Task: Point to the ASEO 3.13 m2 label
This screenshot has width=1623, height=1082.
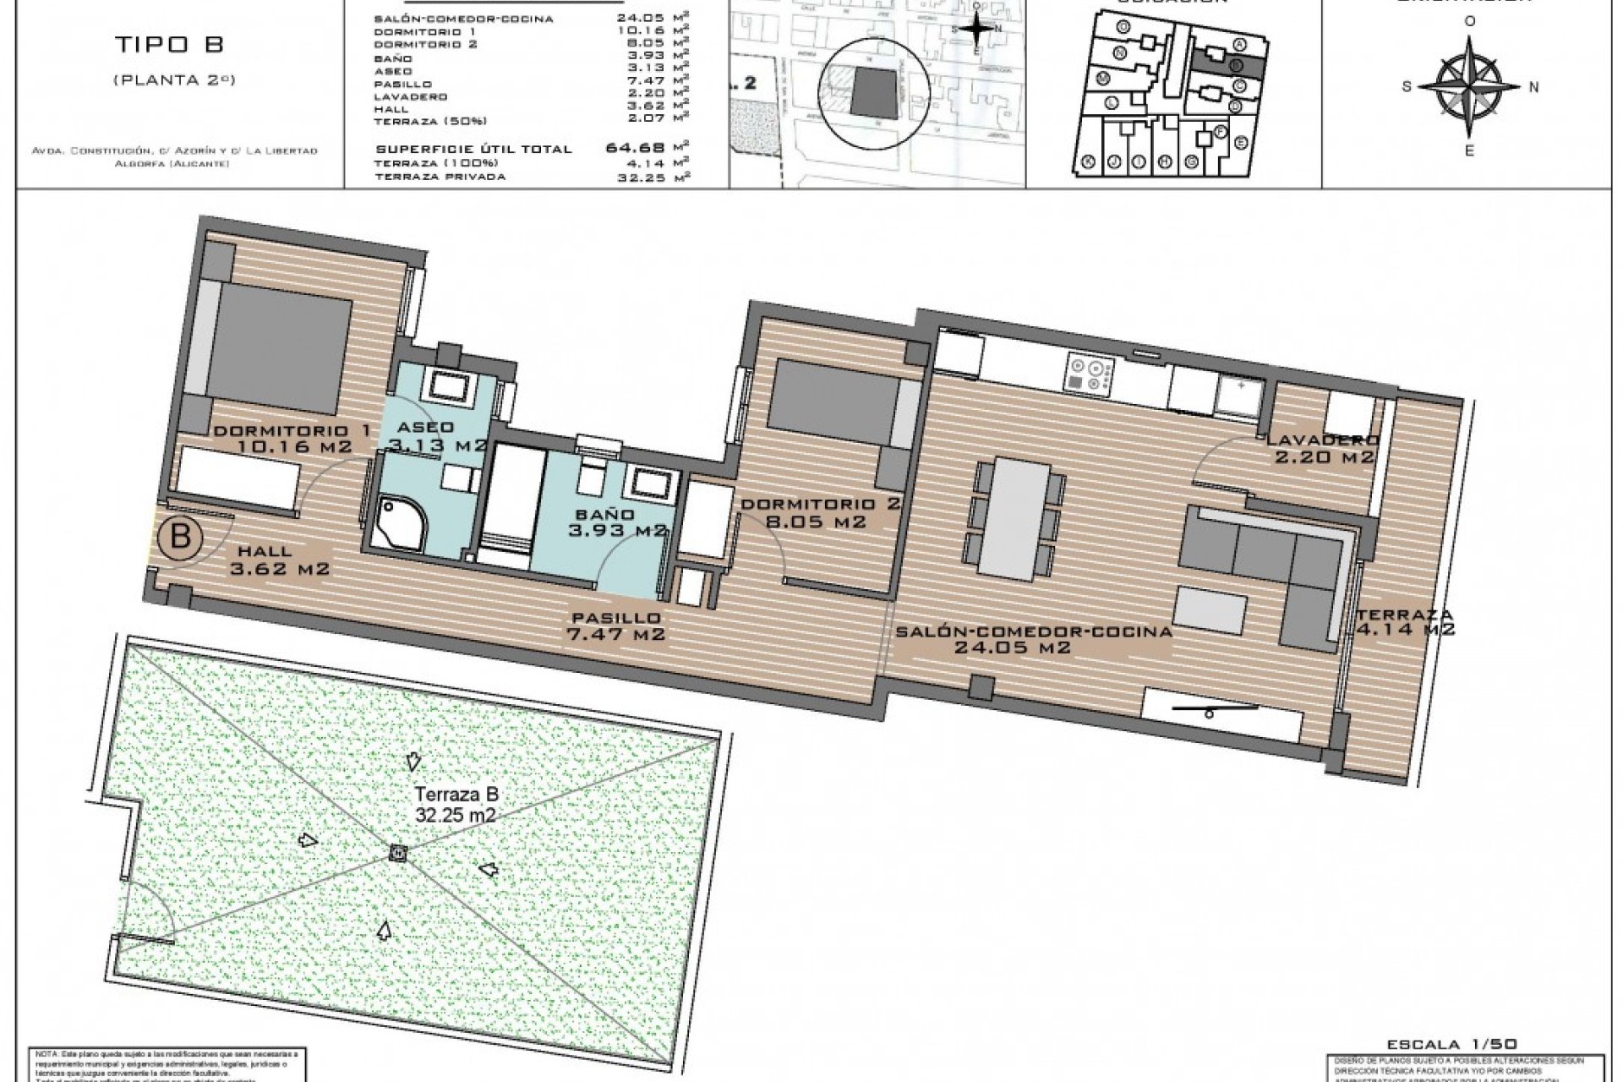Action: click(436, 435)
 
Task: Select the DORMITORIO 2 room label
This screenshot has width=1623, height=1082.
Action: click(821, 512)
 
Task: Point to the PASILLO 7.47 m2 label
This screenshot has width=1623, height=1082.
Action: click(616, 626)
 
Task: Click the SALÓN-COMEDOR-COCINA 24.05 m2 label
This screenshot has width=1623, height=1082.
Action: click(1033, 639)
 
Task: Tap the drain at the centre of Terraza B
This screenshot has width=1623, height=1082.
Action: click(398, 853)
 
